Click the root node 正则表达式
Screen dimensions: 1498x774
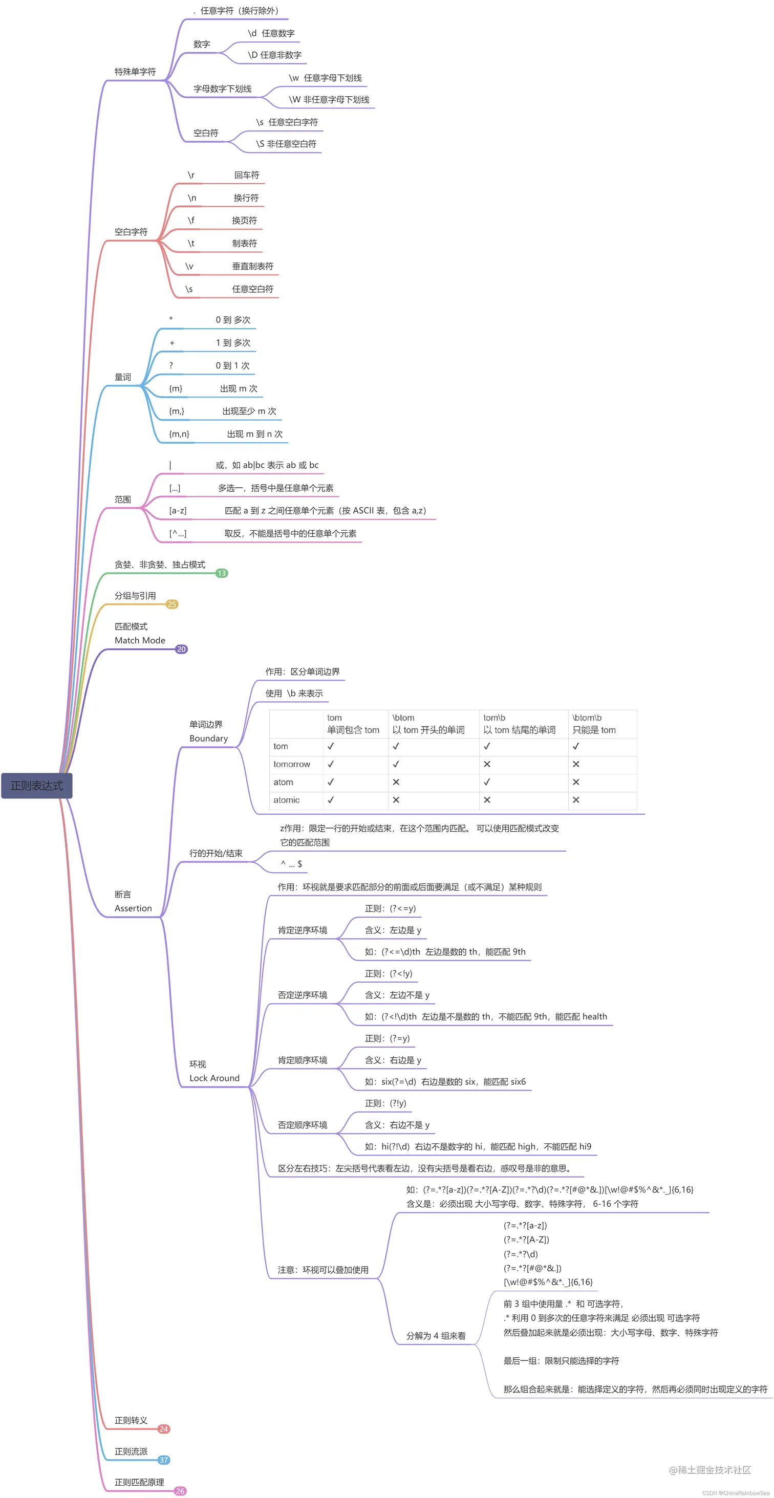37,785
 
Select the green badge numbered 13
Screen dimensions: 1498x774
222,573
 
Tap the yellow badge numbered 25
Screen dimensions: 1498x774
171,604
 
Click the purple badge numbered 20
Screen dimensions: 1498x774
181,649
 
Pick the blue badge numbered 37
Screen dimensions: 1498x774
164,1460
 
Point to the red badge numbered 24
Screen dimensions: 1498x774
164,1429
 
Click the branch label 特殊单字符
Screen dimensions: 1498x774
135,72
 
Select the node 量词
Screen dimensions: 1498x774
123,377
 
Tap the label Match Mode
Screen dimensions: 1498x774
140,640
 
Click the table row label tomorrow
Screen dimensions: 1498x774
291,764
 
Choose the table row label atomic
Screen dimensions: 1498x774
286,800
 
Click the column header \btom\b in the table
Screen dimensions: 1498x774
587,718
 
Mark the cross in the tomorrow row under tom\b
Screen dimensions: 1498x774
487,764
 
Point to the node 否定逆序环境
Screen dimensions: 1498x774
303,995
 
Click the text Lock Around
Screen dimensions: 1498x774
214,1078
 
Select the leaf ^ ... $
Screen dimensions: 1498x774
291,864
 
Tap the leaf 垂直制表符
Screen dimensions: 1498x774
252,266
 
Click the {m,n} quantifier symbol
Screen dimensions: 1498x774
179,434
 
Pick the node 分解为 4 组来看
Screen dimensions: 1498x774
436,1336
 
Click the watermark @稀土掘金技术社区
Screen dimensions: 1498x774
709,1470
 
